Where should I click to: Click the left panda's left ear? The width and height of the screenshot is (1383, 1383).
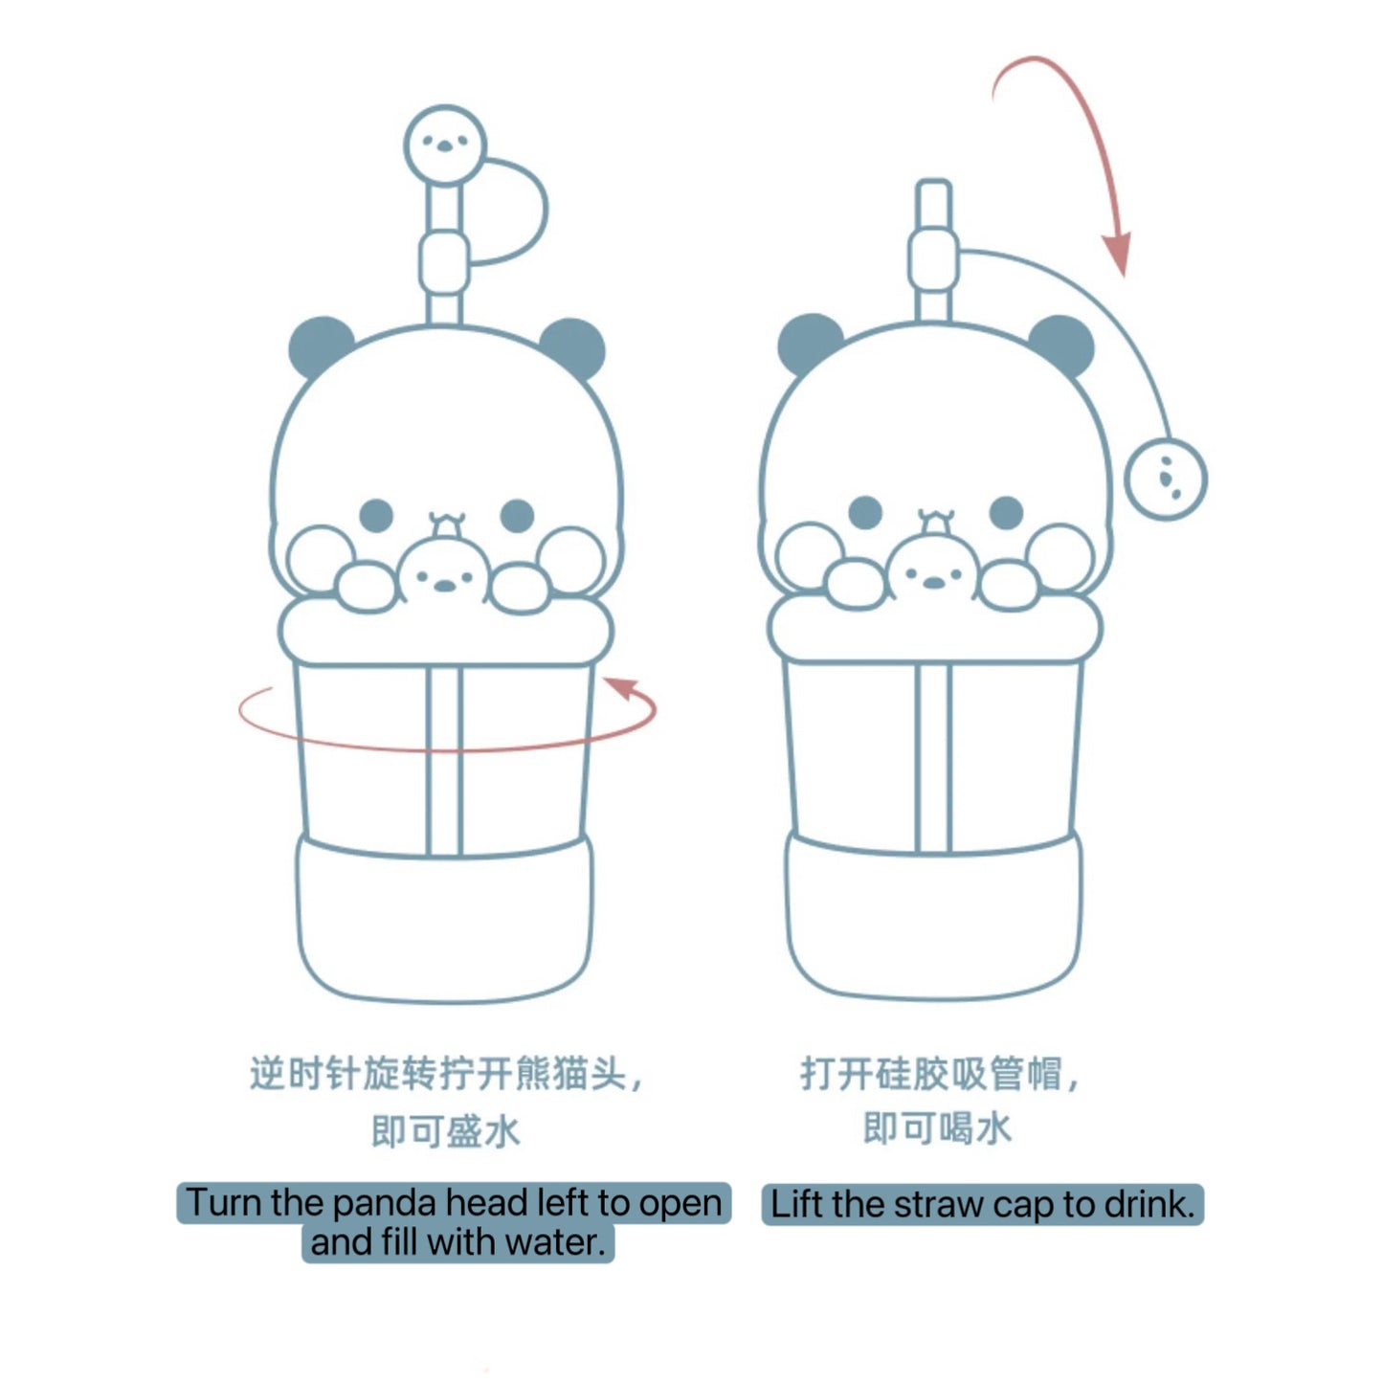pos(320,345)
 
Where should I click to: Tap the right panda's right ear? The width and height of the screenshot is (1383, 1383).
pos(1062,343)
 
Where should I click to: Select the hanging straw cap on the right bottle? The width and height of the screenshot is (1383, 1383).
pos(1165,479)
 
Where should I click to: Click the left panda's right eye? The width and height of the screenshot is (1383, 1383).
pos(517,515)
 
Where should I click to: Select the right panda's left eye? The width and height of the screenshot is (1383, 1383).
pos(865,512)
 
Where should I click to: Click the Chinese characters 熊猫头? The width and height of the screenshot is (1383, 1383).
pos(570,1074)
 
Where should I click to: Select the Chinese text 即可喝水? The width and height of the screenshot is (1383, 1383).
pos(937,1128)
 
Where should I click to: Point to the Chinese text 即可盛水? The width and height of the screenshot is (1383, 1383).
pos(446,1131)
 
